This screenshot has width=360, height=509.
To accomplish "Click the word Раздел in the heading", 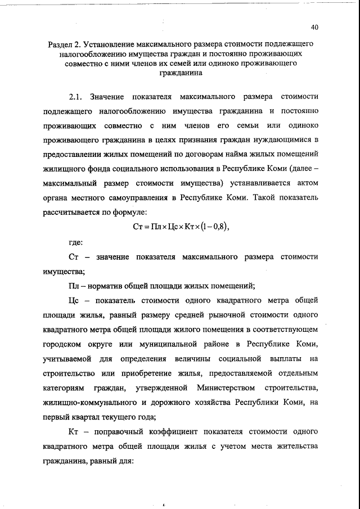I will coord(61,43).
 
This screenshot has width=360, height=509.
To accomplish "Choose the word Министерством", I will coord(226,388).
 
